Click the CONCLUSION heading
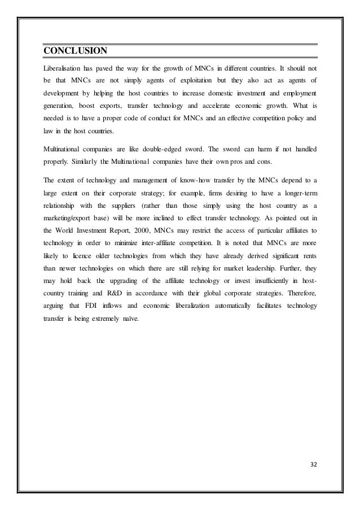click(75, 51)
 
